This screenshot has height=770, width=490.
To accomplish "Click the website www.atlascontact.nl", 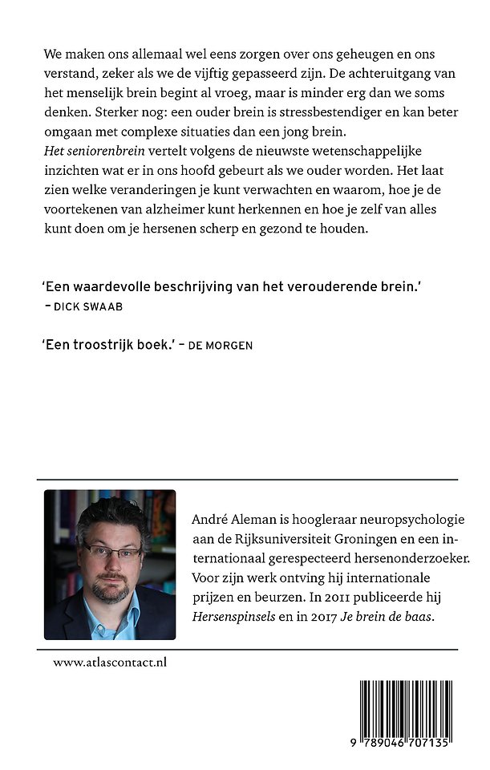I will [x=110, y=663].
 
